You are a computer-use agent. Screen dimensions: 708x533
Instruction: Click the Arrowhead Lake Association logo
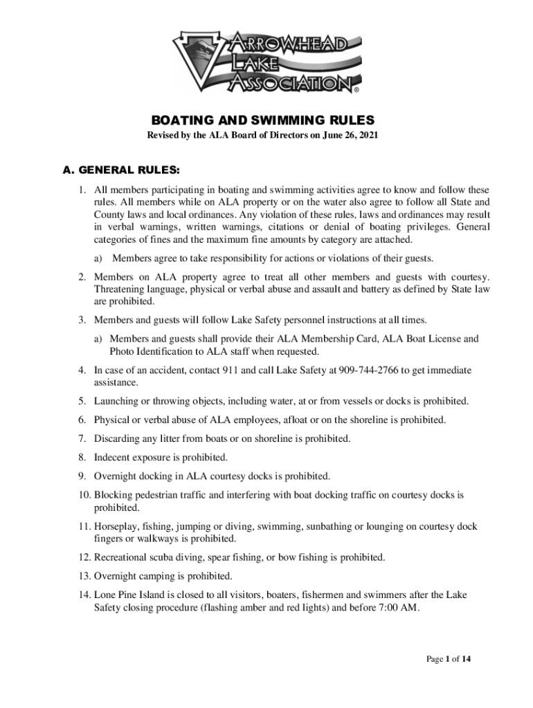[266, 62]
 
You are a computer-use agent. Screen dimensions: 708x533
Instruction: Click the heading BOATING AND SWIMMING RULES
[266, 118]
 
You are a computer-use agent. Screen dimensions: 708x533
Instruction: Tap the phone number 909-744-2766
[366, 370]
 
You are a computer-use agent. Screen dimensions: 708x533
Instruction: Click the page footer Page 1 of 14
[449, 659]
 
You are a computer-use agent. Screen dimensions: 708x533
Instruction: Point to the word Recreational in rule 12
[122, 557]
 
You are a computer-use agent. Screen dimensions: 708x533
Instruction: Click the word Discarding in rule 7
[116, 438]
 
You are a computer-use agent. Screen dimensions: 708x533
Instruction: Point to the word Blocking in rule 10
[112, 495]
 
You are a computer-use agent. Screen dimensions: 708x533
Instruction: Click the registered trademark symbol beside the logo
[356, 90]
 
